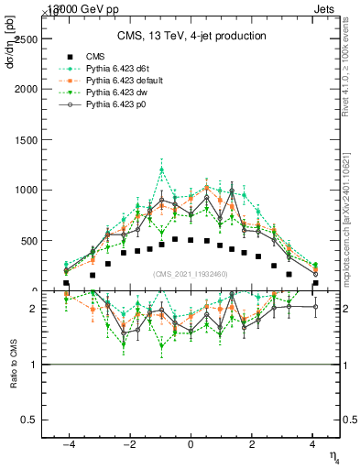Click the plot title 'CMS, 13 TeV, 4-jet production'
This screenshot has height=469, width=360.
click(x=191, y=37)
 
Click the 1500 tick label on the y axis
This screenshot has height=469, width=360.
click(x=24, y=140)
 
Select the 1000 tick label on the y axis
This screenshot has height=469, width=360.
click(x=24, y=191)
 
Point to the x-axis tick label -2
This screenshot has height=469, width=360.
click(x=128, y=444)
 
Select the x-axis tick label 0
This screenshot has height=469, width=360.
click(x=191, y=444)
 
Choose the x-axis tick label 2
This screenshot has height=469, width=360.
click(x=252, y=444)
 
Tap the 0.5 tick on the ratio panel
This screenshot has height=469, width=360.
click(x=27, y=420)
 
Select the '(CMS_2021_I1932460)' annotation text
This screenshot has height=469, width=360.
click(x=191, y=273)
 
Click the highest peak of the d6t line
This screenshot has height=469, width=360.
click(x=162, y=169)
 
